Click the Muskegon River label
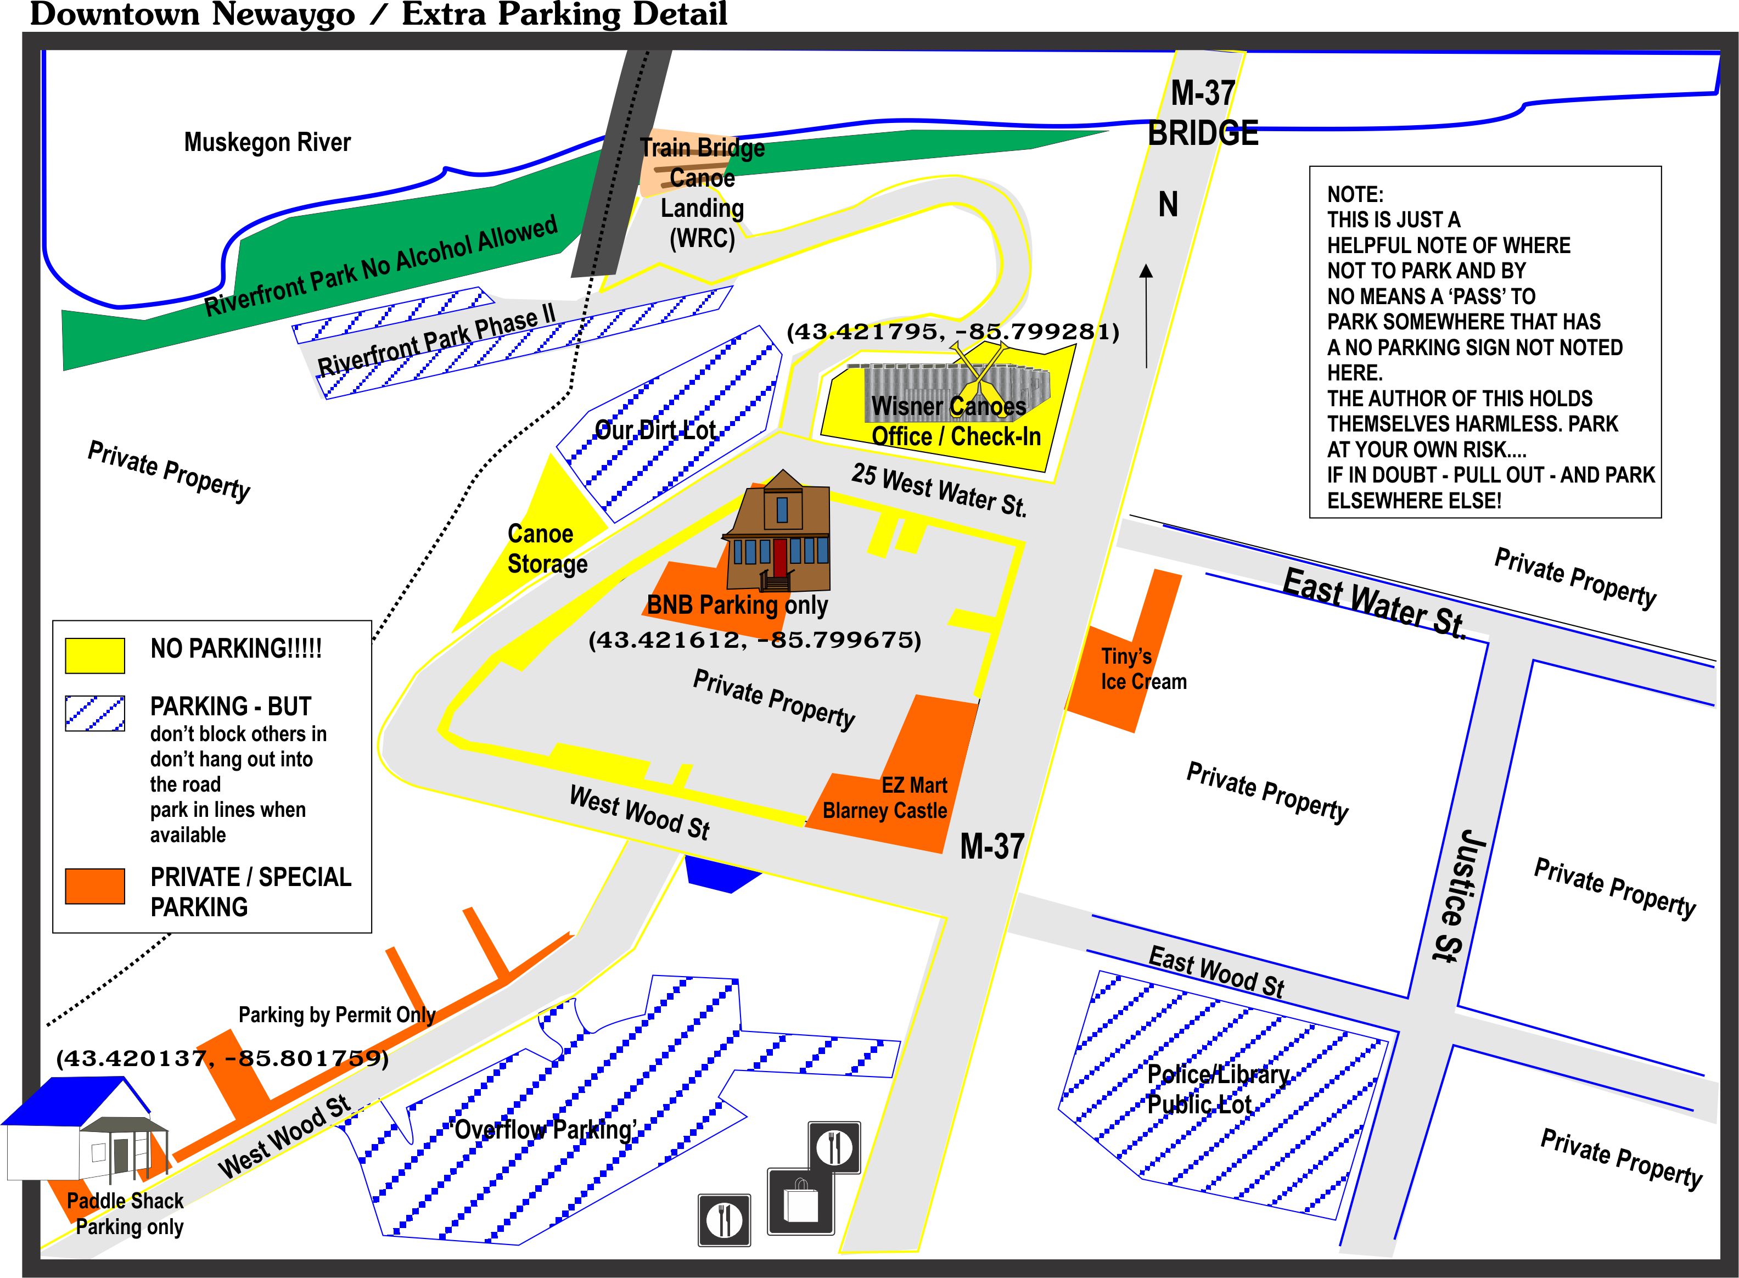(x=267, y=142)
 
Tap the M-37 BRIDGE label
(x=1202, y=113)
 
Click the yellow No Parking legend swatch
(x=94, y=655)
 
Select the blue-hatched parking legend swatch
(x=94, y=713)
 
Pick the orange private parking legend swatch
(x=94, y=886)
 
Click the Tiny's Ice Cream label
(x=1142, y=669)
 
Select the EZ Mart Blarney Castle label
(x=884, y=798)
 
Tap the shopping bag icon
(x=801, y=1201)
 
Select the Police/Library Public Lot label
(x=1217, y=1089)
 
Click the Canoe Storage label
(x=547, y=548)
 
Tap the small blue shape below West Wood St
(x=722, y=874)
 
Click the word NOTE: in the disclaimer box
(x=1355, y=194)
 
